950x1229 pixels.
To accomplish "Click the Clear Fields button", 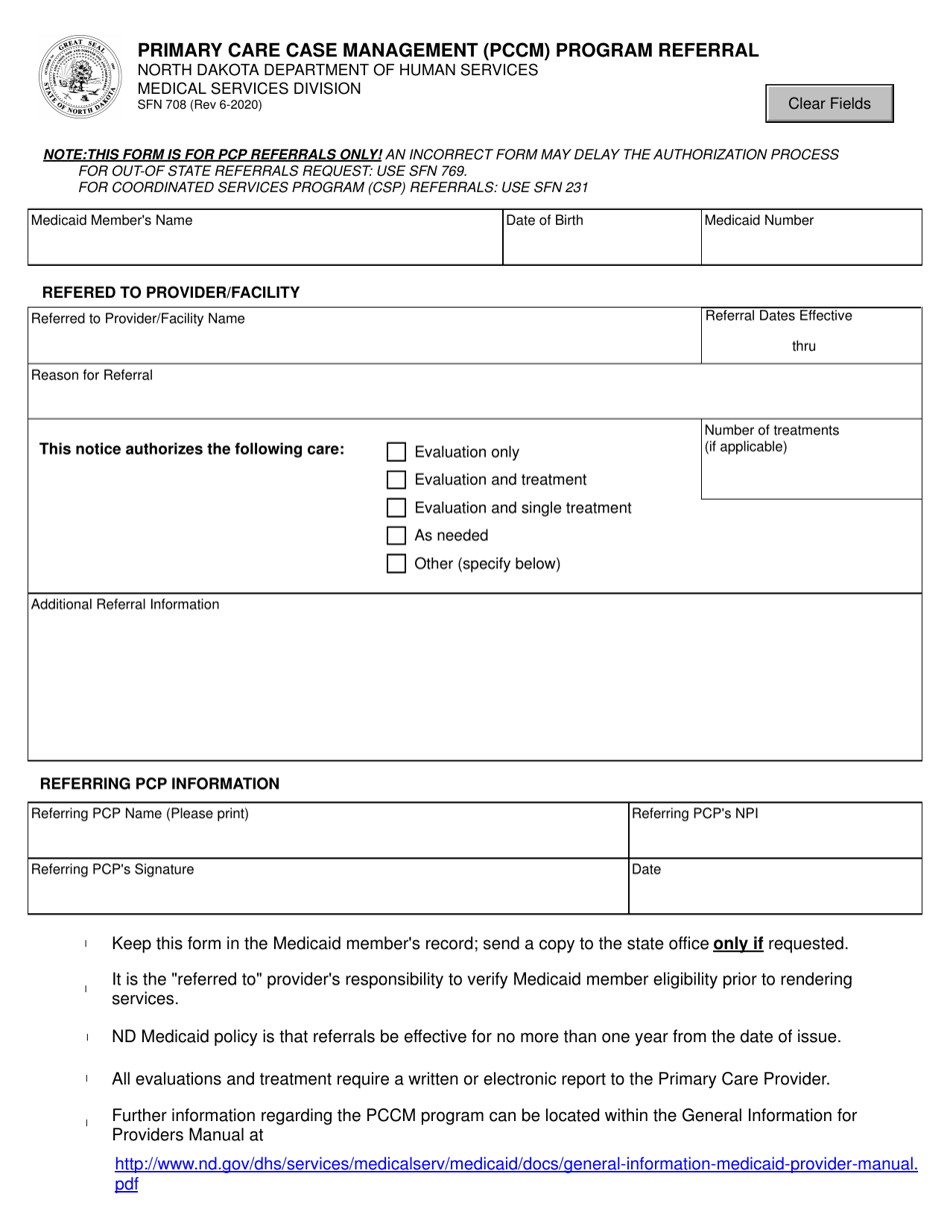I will (x=829, y=104).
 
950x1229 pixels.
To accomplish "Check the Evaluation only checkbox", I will (x=397, y=453).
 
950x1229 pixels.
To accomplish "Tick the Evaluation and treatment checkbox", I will (x=397, y=481).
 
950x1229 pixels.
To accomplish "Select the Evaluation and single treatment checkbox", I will (x=397, y=509).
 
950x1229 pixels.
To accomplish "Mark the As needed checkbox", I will (x=397, y=536).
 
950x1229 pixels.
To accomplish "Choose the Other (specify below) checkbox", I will (x=397, y=564).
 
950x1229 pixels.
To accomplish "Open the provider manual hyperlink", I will (x=516, y=1164).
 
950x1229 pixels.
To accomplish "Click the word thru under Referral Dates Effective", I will (x=804, y=347).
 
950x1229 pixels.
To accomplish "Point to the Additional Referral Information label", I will (x=126, y=605).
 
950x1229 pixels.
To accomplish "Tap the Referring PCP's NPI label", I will (x=695, y=813).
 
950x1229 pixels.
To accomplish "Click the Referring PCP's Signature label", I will (x=113, y=869).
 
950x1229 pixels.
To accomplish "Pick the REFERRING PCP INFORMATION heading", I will (x=159, y=783).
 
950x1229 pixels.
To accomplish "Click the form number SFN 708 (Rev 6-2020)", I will (x=200, y=105).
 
